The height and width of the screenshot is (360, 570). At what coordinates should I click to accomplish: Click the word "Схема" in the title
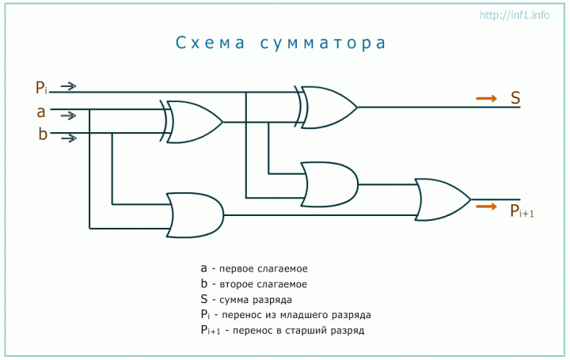(211, 43)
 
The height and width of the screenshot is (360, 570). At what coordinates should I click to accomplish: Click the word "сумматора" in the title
(323, 44)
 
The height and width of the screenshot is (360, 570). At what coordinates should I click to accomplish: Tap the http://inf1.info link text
(515, 15)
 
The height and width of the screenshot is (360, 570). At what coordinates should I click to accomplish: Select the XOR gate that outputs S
(326, 107)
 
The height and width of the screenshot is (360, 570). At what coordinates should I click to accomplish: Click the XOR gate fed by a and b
(192, 122)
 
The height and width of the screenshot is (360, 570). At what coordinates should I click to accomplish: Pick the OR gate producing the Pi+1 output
(443, 199)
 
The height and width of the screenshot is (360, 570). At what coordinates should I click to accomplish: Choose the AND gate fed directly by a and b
(195, 215)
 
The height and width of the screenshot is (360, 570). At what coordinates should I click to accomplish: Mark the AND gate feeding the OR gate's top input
(329, 184)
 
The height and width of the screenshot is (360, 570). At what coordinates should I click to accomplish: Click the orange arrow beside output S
(486, 98)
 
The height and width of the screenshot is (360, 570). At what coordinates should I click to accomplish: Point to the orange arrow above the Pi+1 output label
(486, 207)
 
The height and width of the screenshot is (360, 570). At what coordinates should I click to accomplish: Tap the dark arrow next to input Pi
(68, 86)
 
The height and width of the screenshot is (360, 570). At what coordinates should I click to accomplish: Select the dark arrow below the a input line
(68, 116)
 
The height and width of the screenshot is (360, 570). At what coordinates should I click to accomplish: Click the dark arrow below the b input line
(69, 138)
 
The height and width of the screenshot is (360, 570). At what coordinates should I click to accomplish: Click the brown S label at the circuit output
(515, 98)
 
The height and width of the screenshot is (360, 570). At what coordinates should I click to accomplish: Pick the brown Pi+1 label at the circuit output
(522, 210)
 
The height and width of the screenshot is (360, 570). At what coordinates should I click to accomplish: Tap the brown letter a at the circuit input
(41, 112)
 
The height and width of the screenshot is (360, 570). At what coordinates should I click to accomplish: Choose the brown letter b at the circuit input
(43, 134)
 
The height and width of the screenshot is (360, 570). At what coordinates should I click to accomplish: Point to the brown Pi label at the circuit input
(41, 88)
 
